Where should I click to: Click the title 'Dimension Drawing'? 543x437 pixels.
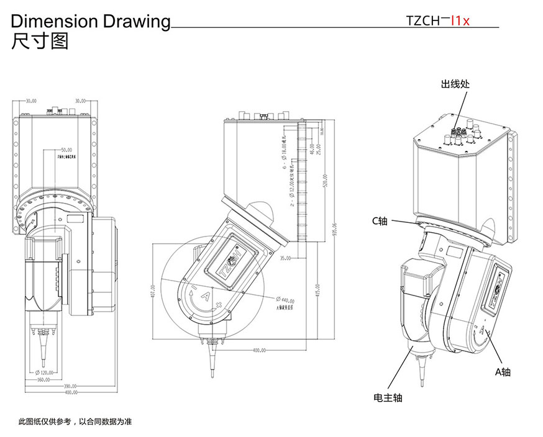point(91,21)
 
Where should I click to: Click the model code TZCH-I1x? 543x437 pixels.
point(438,20)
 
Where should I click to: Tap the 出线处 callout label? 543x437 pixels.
point(454,84)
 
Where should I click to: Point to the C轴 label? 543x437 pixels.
point(380,221)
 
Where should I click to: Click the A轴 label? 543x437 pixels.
point(503,372)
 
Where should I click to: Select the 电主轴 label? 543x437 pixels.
point(388,397)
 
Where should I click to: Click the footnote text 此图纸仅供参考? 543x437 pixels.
point(75,421)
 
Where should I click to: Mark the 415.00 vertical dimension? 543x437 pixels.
point(317,289)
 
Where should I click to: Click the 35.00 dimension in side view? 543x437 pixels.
point(285,258)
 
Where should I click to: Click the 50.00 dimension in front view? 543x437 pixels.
point(66,150)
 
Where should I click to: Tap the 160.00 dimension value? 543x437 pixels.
point(43,379)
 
